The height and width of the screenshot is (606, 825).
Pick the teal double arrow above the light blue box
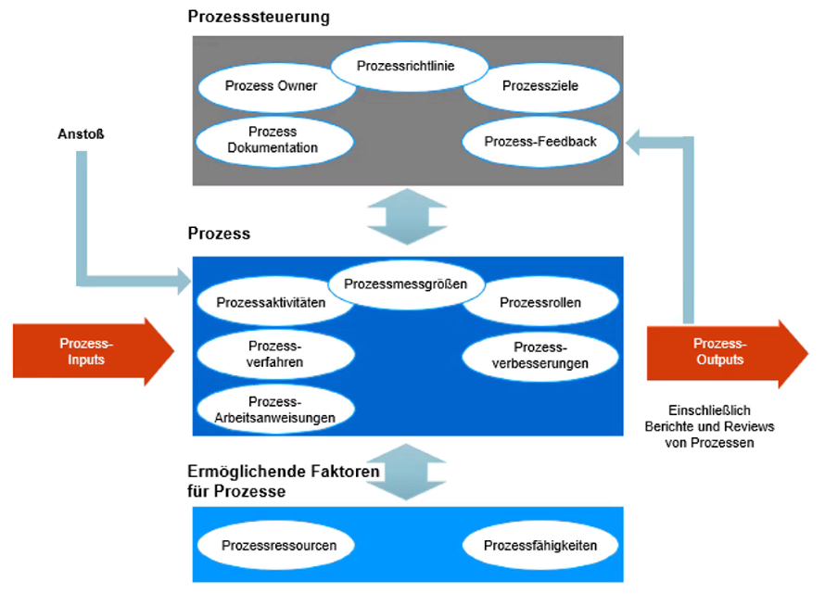pos(406,472)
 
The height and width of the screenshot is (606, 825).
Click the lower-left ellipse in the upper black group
pos(274,141)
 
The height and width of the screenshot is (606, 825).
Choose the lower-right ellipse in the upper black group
pos(540,141)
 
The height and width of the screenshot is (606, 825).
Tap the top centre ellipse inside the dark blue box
pos(406,284)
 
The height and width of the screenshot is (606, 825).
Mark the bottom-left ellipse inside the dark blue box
pos(275,407)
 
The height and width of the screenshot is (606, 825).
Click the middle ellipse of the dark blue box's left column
pos(275,353)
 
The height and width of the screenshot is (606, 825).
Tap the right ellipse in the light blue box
pos(539,547)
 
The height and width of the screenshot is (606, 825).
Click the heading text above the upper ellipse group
pos(260,16)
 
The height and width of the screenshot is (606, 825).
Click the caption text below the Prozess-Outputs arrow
pos(709,427)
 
